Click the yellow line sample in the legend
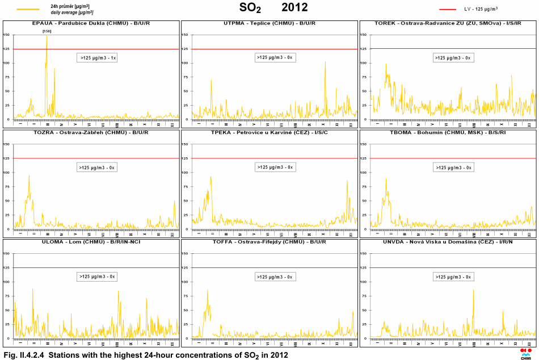pos(28,9)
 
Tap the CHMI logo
pos(526,353)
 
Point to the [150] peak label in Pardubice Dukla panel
pos(47,31)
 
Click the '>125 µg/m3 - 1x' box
pos(97,58)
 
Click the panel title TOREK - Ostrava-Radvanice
pos(448,23)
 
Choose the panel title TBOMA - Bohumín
pos(448,132)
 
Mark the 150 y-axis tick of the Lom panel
pos(6,253)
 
